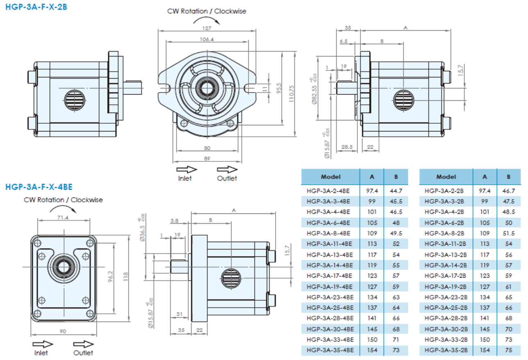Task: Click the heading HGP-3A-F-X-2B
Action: [36, 7]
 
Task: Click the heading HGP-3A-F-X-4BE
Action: [39, 187]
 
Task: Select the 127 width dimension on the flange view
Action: [207, 28]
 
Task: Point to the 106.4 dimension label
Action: [207, 39]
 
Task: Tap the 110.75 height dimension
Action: [291, 94]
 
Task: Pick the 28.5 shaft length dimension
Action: [347, 147]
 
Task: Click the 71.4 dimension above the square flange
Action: [63, 217]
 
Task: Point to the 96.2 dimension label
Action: [110, 276]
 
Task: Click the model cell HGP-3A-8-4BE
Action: [328, 233]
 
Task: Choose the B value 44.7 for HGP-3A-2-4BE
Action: [396, 191]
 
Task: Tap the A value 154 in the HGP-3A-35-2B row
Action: [485, 350]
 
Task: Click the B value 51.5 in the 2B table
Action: [508, 233]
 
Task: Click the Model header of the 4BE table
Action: [330, 177]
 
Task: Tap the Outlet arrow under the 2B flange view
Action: [227, 169]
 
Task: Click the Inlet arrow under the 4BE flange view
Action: [43, 344]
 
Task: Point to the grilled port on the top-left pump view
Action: [75, 100]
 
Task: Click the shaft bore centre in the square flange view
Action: [64, 267]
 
